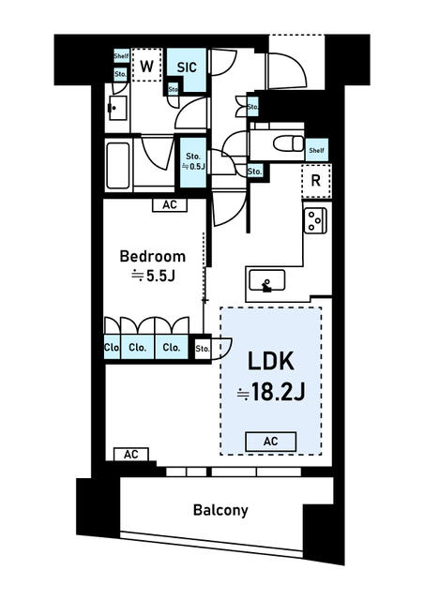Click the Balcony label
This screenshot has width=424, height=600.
[220, 511]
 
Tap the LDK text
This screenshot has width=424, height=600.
[271, 361]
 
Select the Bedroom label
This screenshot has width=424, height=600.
[152, 256]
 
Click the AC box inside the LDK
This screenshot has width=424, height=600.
[271, 442]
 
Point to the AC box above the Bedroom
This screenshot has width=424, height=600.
[169, 204]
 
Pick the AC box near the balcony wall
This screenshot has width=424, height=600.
[130, 454]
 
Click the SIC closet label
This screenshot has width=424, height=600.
[186, 67]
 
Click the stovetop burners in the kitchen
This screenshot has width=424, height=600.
[314, 219]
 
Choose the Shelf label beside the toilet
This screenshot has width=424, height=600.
[317, 148]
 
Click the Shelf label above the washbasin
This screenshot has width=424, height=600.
[121, 56]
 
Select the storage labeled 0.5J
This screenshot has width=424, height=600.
[193, 161]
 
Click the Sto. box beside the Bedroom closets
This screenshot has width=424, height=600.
[202, 349]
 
